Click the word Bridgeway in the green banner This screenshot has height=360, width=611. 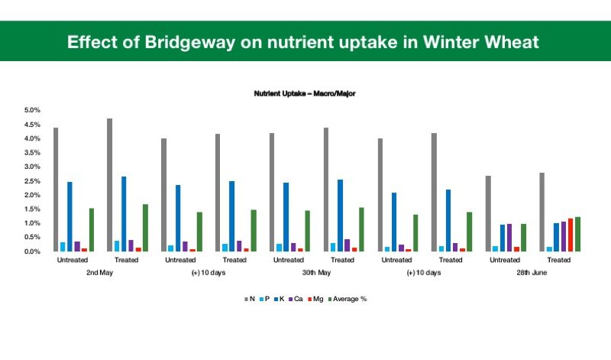pyautogui.click(x=189, y=43)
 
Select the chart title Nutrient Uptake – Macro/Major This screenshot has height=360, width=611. pyautogui.click(x=305, y=93)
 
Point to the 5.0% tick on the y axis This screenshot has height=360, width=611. pyautogui.click(x=32, y=110)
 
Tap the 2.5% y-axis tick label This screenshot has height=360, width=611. pyautogui.click(x=32, y=181)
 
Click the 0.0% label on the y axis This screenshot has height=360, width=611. pyautogui.click(x=32, y=251)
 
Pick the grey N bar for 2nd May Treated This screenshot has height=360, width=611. pyautogui.click(x=109, y=185)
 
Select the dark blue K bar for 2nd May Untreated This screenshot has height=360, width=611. pyautogui.click(x=70, y=216)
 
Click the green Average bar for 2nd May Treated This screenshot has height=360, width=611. pyautogui.click(x=145, y=228)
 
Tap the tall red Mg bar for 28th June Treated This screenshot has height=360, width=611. pyautogui.click(x=571, y=235)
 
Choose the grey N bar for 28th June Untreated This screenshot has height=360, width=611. pyautogui.click(x=488, y=214)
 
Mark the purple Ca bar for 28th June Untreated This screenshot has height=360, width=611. pyautogui.click(x=509, y=238)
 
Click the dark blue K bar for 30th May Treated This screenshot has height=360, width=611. pyautogui.click(x=340, y=216)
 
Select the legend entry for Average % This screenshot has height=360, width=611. pyautogui.click(x=348, y=299)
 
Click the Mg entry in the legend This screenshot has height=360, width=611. pyautogui.click(x=315, y=299)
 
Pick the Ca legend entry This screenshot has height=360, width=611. pyautogui.click(x=296, y=299)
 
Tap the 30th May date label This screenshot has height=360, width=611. pyautogui.click(x=316, y=273)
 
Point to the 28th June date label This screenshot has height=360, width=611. pyautogui.click(x=532, y=273)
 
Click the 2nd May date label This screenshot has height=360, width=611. pyautogui.click(x=100, y=273)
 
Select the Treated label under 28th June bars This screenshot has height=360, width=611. pyautogui.click(x=559, y=260)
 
